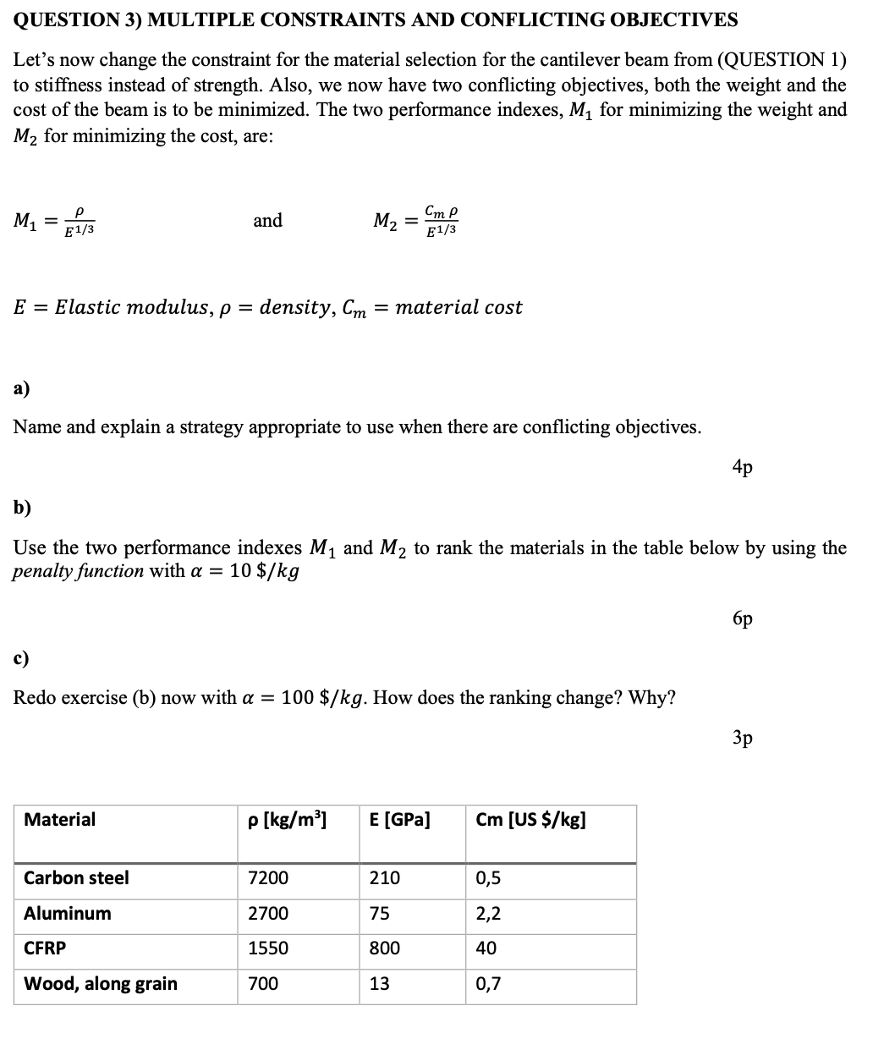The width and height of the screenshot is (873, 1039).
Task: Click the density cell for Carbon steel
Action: click(267, 878)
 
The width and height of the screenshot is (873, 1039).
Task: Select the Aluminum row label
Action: click(68, 914)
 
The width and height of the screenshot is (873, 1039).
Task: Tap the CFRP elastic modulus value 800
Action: click(384, 948)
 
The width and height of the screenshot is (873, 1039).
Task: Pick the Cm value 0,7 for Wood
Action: click(488, 984)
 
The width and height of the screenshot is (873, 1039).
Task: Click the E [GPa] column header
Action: click(399, 819)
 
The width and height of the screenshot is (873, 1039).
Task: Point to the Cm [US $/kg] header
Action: click(530, 819)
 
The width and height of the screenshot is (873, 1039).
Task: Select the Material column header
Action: click(60, 819)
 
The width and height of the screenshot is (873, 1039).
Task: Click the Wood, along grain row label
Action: click(101, 984)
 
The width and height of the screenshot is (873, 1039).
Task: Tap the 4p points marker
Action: click(742, 466)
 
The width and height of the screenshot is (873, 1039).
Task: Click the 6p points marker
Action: click(742, 618)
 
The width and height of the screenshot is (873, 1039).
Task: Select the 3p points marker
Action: click(742, 738)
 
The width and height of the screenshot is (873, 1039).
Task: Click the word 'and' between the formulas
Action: click(268, 221)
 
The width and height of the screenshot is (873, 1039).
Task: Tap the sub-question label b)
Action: click(22, 507)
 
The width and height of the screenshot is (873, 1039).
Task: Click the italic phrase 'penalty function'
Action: click(78, 571)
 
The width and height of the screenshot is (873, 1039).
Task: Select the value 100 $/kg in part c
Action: click(323, 698)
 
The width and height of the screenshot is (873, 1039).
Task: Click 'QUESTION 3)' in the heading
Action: click(74, 19)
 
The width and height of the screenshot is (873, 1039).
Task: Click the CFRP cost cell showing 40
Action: click(486, 948)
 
